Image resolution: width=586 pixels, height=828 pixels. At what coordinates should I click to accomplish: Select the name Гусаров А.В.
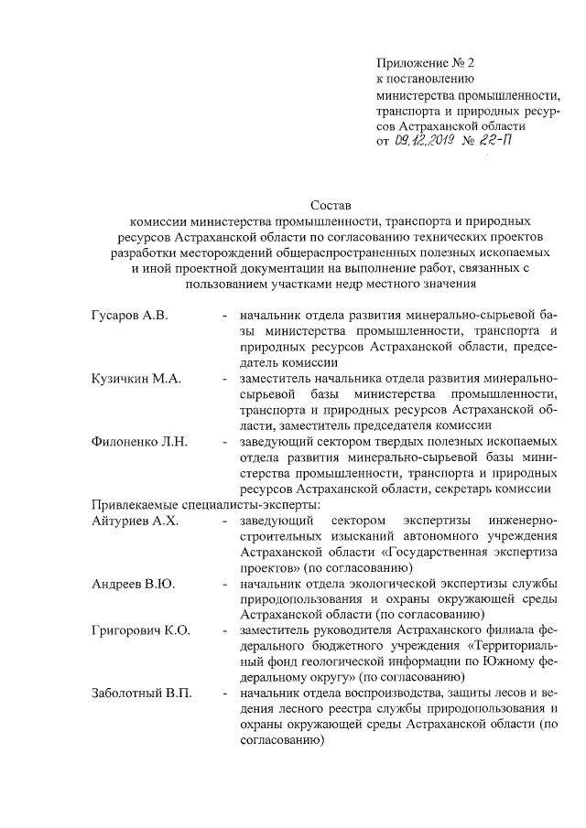(128, 316)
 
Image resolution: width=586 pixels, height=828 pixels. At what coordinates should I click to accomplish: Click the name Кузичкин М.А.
(134, 379)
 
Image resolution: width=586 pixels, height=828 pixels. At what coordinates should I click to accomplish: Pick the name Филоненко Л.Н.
(139, 442)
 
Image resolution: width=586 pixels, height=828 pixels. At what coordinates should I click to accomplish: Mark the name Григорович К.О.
(140, 631)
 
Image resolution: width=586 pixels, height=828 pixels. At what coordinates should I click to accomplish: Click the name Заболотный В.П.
(142, 694)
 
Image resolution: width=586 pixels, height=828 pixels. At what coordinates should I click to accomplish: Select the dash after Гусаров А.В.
(224, 316)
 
